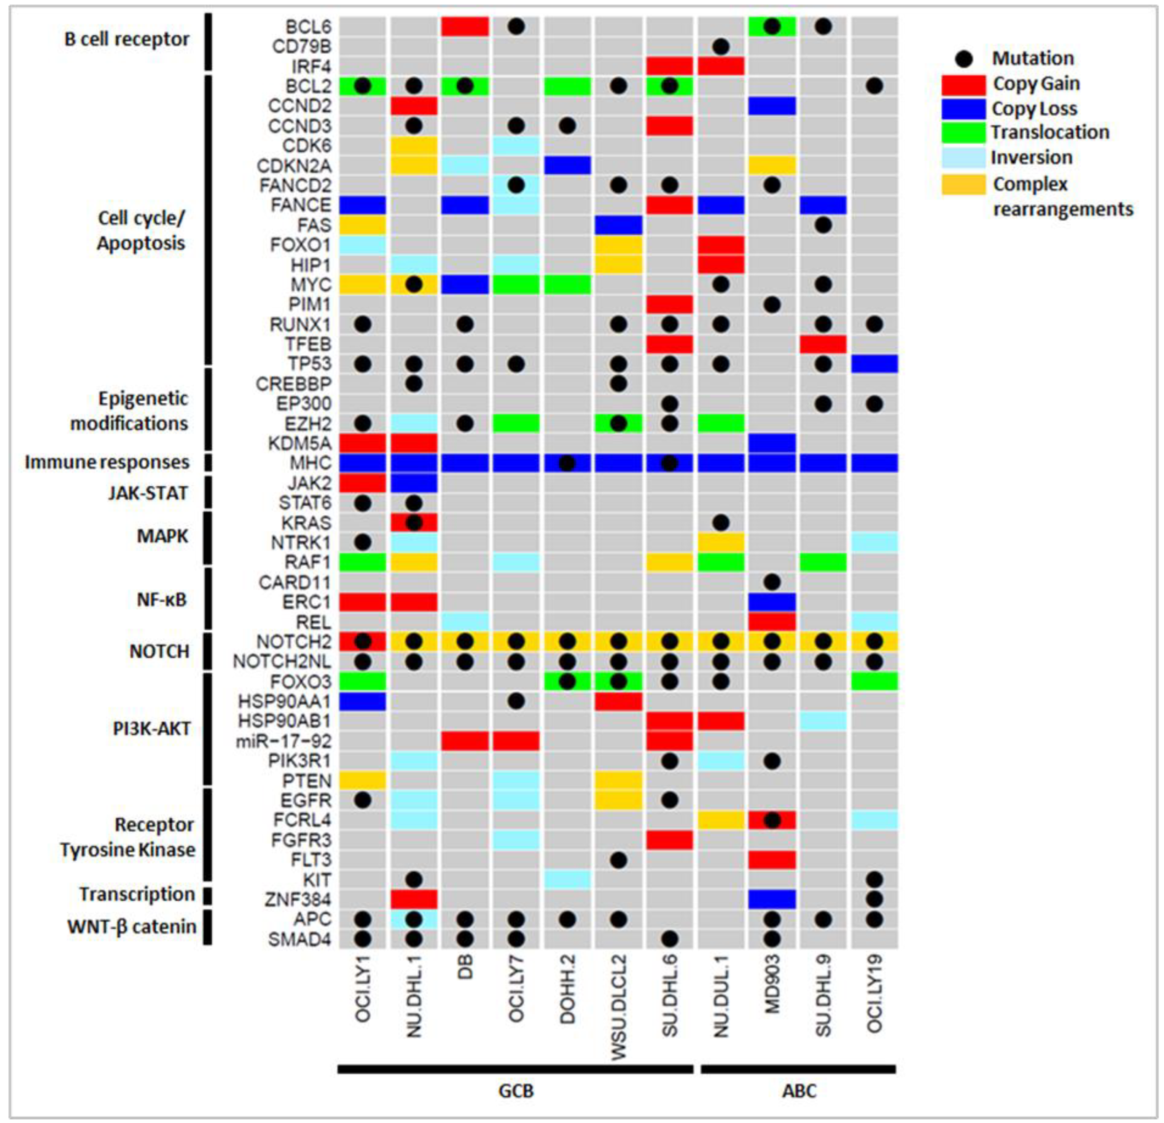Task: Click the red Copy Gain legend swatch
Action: tap(963, 85)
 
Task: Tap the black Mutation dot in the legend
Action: tap(965, 58)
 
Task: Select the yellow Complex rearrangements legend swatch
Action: tap(963, 184)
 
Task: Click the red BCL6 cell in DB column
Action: tap(465, 27)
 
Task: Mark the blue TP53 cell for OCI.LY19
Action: tap(874, 364)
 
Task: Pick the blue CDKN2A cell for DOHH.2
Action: tap(567, 165)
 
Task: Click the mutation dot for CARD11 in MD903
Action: tap(771, 582)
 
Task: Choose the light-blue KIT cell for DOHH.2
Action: tap(567, 879)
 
